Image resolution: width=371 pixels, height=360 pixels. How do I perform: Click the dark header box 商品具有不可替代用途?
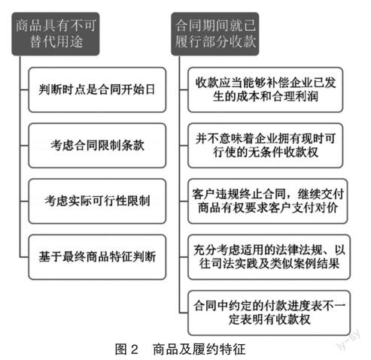[x=56, y=34]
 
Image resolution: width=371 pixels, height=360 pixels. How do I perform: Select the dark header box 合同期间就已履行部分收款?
[x=215, y=34]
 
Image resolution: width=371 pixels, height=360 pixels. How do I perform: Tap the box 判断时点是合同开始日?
[x=97, y=89]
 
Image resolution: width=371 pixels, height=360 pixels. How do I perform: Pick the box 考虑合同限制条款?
[x=97, y=145]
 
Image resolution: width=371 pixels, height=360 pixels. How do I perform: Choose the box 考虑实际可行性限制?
[x=97, y=201]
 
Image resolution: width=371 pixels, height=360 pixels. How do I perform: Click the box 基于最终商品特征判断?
[x=97, y=257]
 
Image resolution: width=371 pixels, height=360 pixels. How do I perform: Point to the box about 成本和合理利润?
[x=266, y=89]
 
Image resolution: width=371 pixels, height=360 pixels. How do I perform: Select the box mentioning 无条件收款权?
[x=266, y=145]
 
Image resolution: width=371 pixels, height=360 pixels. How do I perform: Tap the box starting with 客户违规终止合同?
[x=268, y=201]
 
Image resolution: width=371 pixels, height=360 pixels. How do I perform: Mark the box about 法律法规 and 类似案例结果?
[x=269, y=257]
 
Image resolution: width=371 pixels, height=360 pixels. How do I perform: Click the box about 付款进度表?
[x=269, y=313]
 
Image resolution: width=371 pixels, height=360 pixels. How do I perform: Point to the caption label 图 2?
[x=126, y=349]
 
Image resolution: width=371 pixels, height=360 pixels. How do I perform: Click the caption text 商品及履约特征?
[x=199, y=349]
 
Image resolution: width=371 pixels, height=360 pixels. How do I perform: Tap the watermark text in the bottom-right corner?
[x=349, y=339]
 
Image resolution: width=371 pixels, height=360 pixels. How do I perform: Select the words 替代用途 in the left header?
[x=56, y=41]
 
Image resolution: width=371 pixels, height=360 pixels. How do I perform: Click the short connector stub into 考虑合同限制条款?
[x=24, y=145]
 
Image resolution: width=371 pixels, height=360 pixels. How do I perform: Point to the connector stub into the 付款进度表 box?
[x=184, y=313]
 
